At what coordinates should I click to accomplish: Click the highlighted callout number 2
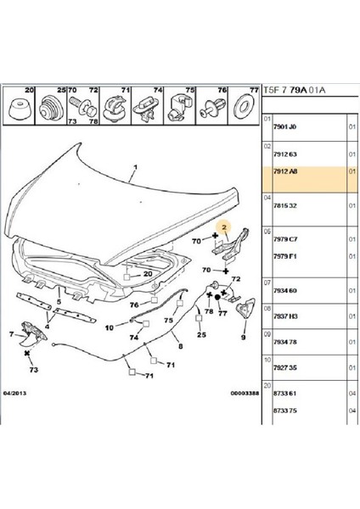[225, 227]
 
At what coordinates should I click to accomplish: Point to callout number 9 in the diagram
[243, 337]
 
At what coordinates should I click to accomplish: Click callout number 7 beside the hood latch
[11, 333]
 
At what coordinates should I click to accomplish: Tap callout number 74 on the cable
[132, 337]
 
